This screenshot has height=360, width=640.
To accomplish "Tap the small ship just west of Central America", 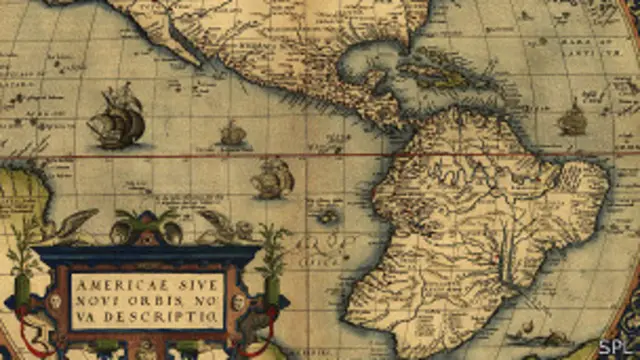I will [x=233, y=132].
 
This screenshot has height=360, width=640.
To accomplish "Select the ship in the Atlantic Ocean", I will [x=572, y=120].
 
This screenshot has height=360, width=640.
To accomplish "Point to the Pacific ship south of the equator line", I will [x=272, y=178].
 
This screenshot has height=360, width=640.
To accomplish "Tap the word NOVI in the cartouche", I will [x=95, y=300].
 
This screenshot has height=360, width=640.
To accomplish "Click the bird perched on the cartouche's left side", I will [x=70, y=226].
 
